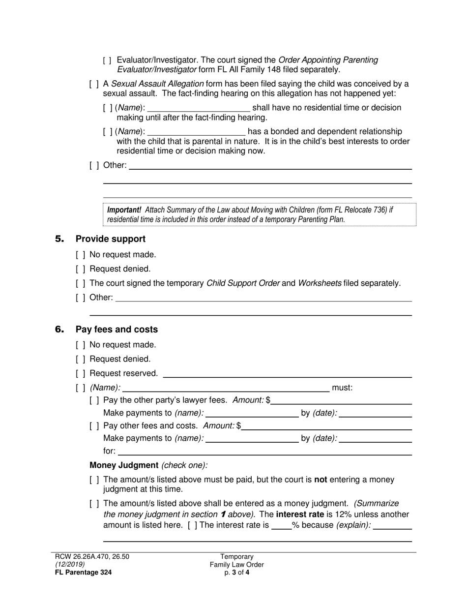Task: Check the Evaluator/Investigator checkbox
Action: point(108,60)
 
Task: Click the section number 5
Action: point(59,239)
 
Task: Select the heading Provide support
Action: point(111,239)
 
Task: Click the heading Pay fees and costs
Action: point(117,330)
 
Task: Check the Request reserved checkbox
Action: point(81,373)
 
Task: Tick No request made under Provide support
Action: point(81,255)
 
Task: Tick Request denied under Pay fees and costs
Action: point(81,359)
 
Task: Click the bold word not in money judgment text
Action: point(321,480)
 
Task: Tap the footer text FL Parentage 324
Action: point(83,572)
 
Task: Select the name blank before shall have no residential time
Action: point(199,108)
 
